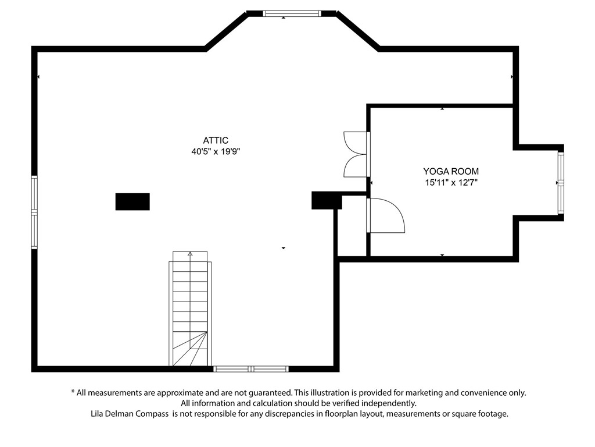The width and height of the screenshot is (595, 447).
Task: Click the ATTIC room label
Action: click(x=216, y=140)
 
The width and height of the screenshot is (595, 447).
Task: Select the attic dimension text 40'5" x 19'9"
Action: click(x=216, y=151)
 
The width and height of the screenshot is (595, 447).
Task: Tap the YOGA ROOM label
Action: click(x=451, y=171)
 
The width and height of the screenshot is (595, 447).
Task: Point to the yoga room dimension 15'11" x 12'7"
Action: click(x=451, y=182)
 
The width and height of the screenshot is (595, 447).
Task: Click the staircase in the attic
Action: click(x=190, y=314)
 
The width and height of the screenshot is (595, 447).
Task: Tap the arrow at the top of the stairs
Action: click(x=190, y=254)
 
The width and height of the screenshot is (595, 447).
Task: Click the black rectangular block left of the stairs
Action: click(x=132, y=201)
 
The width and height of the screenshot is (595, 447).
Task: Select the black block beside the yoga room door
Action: click(x=327, y=200)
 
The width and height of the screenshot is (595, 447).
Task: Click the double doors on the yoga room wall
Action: click(x=356, y=154)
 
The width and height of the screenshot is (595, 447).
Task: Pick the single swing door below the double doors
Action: click(x=385, y=215)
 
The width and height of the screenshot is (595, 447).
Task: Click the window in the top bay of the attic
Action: click(x=292, y=13)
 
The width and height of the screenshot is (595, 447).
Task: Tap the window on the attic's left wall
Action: click(x=34, y=212)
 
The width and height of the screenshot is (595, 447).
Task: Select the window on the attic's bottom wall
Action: click(x=251, y=368)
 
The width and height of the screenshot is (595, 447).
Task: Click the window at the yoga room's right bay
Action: click(x=561, y=182)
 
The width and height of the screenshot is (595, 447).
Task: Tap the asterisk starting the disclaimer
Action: click(x=73, y=393)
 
